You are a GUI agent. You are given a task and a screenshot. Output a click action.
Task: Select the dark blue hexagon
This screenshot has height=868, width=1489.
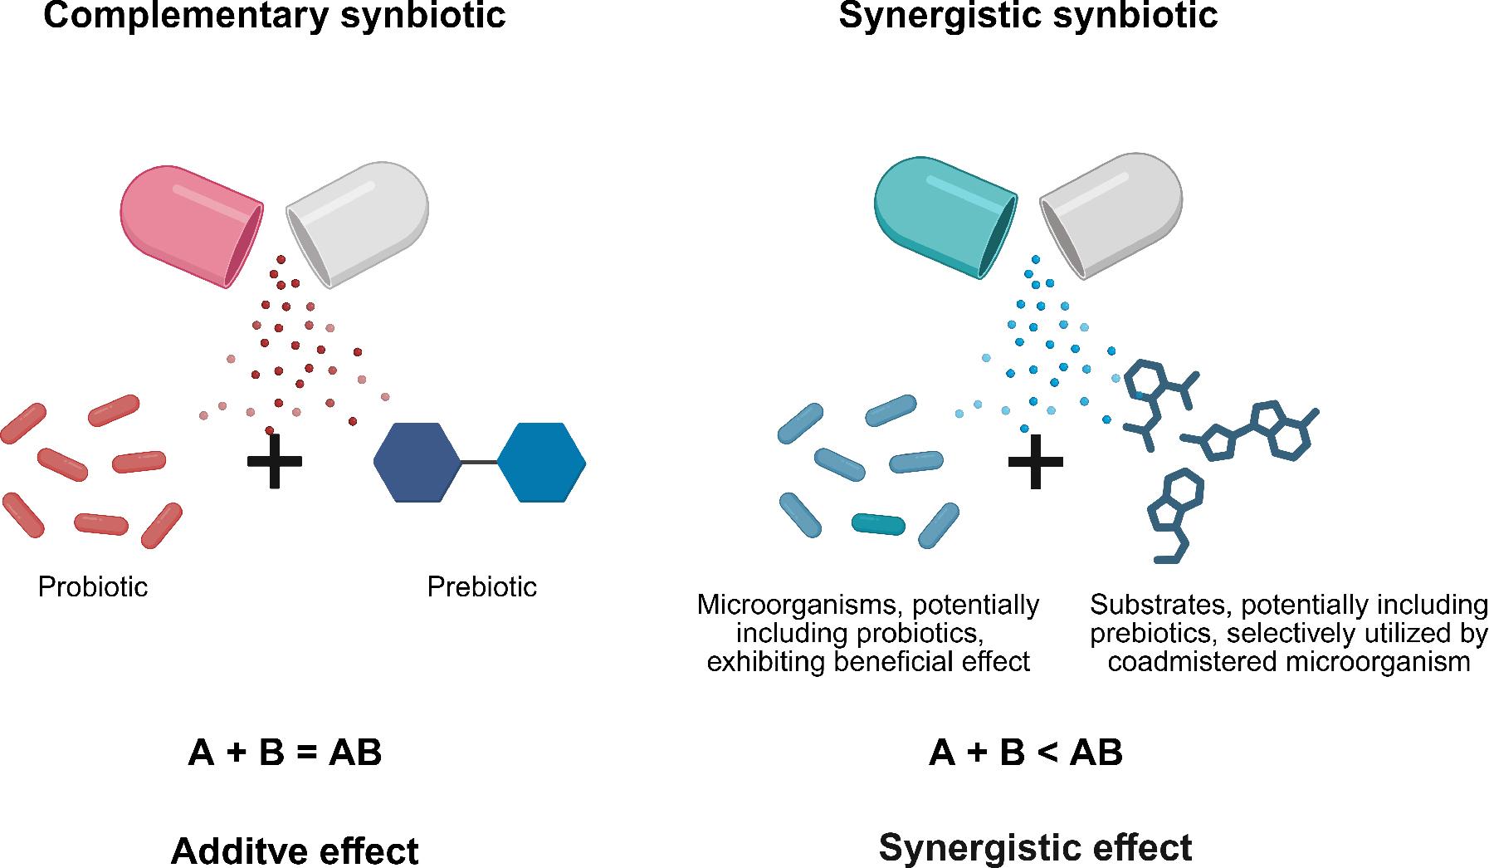point(417,462)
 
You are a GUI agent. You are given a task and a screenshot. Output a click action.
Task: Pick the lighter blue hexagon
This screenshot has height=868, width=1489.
point(541,462)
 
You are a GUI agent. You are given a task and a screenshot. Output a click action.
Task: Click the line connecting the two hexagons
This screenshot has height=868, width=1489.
point(479,462)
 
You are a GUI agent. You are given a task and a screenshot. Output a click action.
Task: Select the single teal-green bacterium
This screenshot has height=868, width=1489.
point(879,524)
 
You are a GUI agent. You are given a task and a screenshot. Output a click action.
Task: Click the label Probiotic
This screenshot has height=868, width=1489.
point(93,587)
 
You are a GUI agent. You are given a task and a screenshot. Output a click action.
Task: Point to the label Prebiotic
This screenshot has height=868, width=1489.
point(481,587)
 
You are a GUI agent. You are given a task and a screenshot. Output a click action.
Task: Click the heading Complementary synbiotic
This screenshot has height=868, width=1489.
point(275,16)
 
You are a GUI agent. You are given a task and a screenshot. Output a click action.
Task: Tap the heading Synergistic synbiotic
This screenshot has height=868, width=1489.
point(1028,16)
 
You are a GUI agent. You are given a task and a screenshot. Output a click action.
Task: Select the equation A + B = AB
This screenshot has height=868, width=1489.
point(285,753)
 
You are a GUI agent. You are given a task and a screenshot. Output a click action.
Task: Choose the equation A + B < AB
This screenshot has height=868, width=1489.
point(1026,753)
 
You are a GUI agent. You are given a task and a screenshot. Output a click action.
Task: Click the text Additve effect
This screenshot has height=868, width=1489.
point(295,851)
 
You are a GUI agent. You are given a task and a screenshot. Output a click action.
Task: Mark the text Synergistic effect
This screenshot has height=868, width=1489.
point(1035,847)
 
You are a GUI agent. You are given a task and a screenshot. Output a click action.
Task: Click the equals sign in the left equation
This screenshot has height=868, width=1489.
point(307,753)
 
